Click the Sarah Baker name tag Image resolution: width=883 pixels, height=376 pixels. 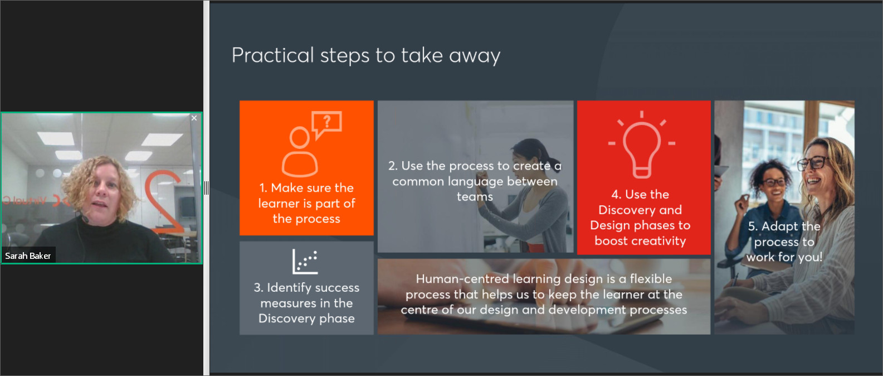[x=28, y=256]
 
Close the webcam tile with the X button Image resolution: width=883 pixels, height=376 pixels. [x=194, y=118]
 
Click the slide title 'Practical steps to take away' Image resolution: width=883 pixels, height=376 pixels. [x=366, y=55]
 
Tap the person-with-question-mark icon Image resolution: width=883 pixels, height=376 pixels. [x=311, y=143]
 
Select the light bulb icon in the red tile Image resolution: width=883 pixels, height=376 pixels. [x=642, y=144]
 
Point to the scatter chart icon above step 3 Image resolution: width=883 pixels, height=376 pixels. [x=305, y=262]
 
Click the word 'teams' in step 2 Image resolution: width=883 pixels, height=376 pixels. [x=475, y=196]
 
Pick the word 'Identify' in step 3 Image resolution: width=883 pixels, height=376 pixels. [x=286, y=288]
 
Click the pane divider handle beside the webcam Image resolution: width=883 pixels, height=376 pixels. [x=206, y=188]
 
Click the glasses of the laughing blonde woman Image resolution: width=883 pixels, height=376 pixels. [x=813, y=162]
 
